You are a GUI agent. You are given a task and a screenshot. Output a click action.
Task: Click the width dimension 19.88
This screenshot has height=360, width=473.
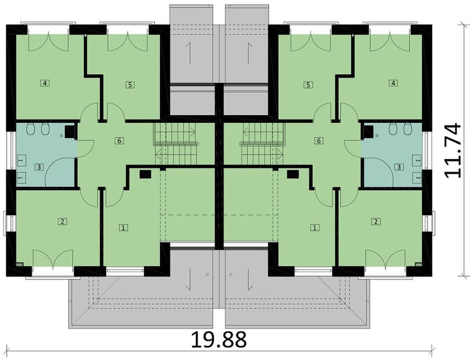tap(219, 339)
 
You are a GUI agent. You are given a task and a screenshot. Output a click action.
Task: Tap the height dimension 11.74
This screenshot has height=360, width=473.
tap(453, 150)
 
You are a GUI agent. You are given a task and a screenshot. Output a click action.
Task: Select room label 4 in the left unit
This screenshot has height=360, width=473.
tap(45, 83)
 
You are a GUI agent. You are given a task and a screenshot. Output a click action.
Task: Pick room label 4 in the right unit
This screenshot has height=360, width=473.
tap(393, 83)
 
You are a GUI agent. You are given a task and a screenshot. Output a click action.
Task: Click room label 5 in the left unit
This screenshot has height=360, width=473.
tap(130, 85)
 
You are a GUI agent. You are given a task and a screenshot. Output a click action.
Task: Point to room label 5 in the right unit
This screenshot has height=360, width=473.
tap(308, 85)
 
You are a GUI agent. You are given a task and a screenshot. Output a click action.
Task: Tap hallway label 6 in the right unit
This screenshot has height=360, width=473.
tap(319, 140)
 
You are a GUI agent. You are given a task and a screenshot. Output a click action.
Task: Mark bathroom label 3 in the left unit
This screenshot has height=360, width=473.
tap(38, 166)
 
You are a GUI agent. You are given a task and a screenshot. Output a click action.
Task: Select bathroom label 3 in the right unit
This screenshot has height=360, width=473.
tap(400, 166)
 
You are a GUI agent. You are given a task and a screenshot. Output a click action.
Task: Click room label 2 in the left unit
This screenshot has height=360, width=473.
tap(62, 221)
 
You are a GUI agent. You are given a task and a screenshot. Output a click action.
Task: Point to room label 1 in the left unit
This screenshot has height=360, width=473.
tap(123, 227)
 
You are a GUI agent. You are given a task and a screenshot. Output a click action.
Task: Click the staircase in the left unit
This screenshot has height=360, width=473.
tap(177, 144)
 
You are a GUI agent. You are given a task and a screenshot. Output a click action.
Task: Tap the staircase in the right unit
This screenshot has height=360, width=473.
tap(261, 144)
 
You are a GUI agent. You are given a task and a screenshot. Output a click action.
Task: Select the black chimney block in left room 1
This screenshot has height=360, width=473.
tap(144, 175)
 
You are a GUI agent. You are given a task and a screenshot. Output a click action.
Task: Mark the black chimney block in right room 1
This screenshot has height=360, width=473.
tap(293, 175)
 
